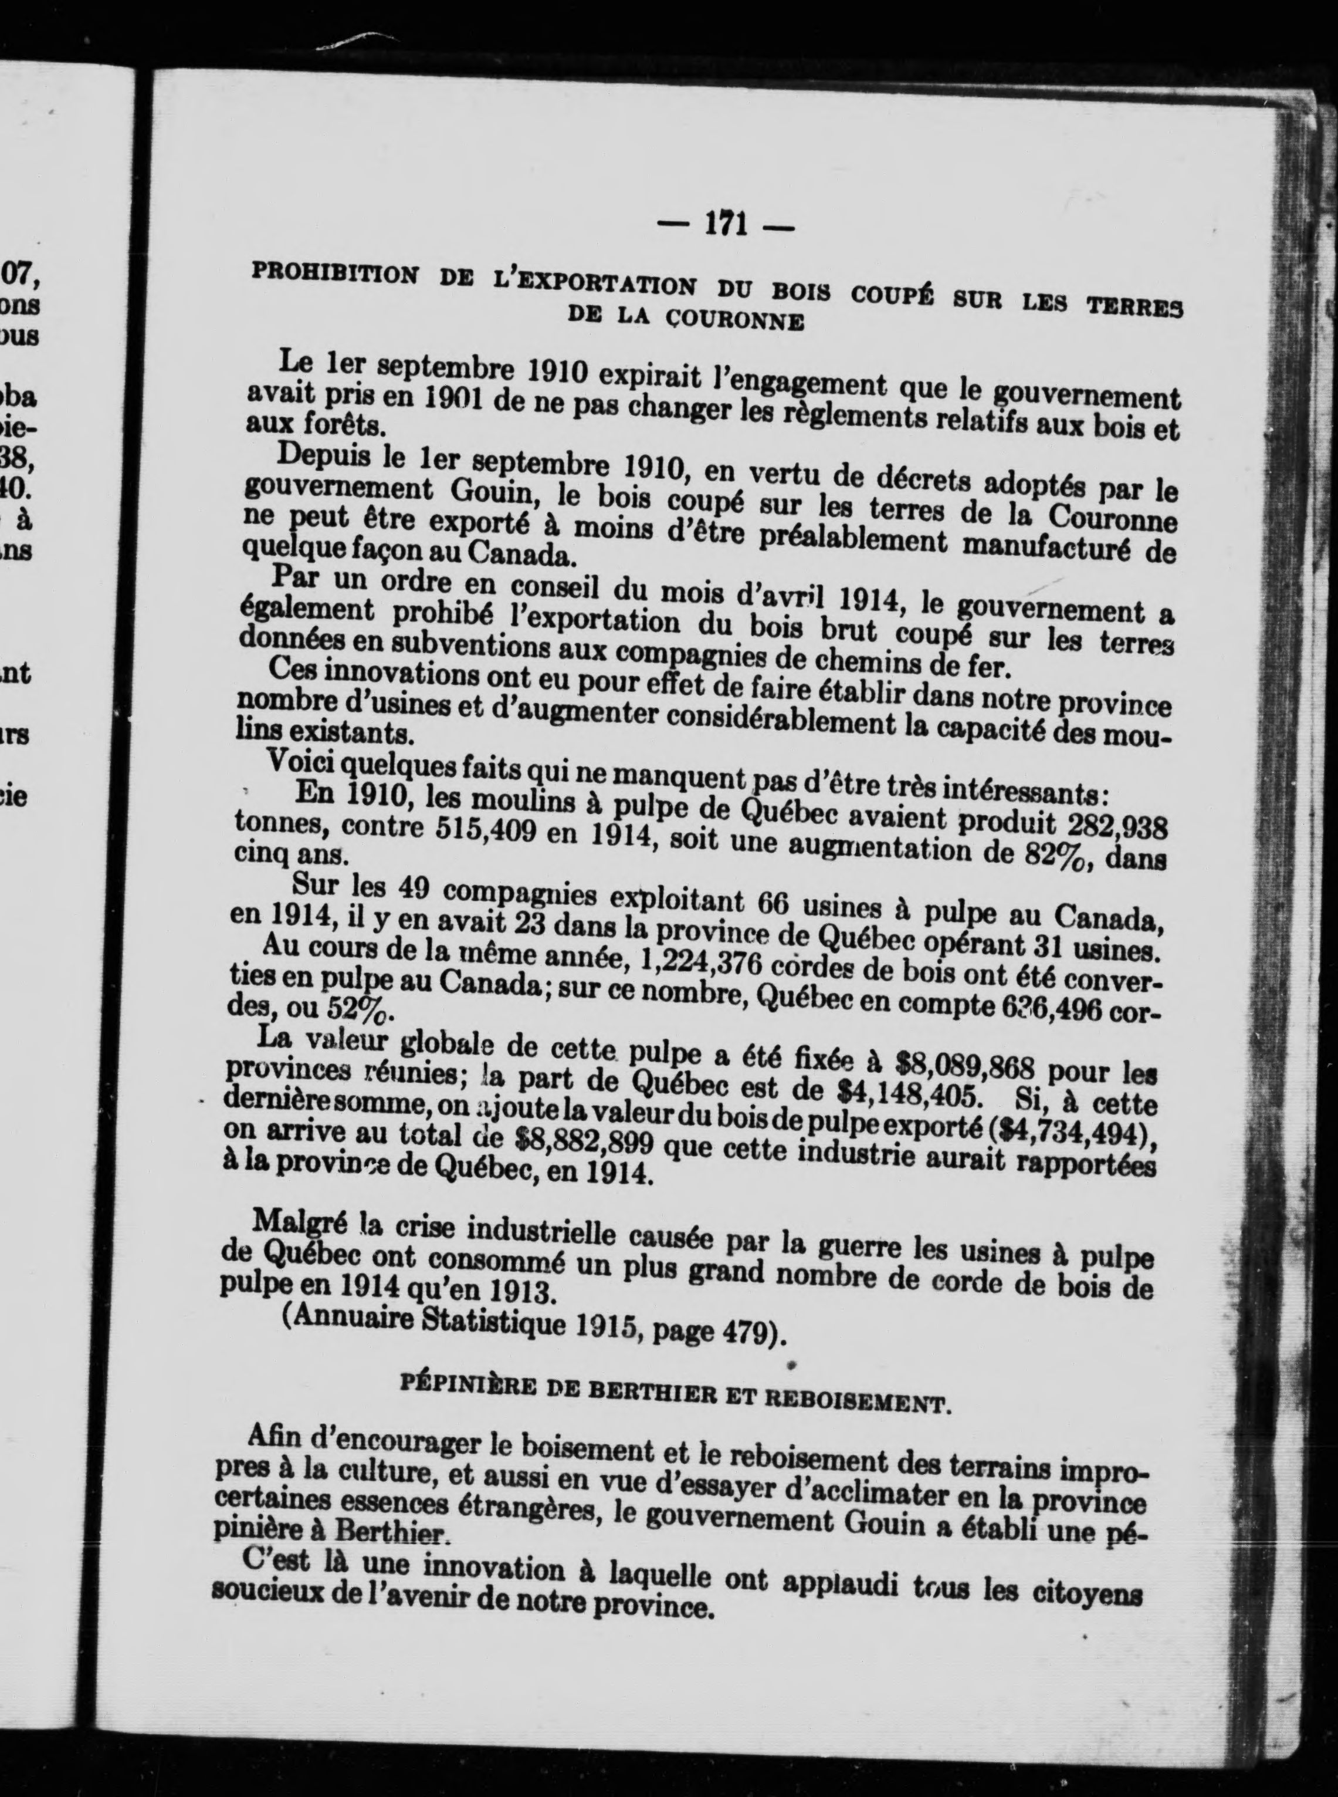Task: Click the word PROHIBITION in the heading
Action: pos(336,274)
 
